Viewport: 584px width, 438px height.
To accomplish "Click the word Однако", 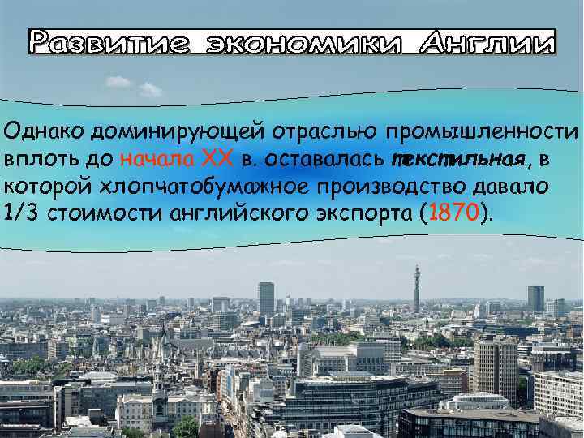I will tap(45, 131).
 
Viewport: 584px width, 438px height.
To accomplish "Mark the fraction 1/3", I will tap(23, 213).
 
